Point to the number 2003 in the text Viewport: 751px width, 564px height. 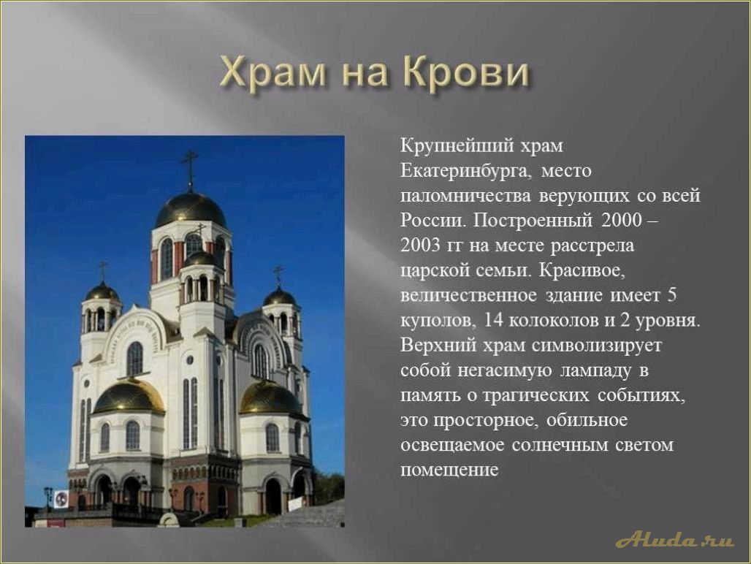422,245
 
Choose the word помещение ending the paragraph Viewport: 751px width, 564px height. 449,470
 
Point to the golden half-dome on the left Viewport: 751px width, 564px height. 129,397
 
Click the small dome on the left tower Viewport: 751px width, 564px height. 102,292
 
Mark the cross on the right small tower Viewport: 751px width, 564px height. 278,274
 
